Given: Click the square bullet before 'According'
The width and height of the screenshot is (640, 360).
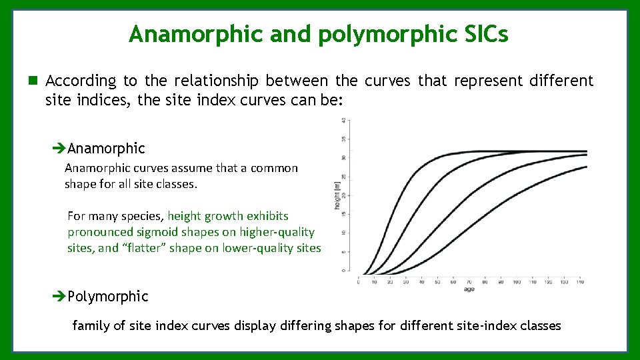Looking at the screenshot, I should (x=33, y=81).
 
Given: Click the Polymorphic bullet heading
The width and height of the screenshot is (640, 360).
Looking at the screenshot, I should (x=107, y=296).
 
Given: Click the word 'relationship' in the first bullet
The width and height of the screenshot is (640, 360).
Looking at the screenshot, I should (x=217, y=81).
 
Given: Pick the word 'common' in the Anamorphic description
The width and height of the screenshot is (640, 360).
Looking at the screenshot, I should (x=274, y=168).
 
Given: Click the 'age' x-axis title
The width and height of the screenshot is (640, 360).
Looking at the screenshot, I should (x=470, y=290).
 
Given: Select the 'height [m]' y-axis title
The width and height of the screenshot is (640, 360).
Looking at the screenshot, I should (x=337, y=195).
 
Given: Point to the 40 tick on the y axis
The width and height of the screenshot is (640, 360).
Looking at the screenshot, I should (x=343, y=121).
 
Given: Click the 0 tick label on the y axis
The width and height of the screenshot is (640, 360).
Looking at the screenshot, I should (x=343, y=271).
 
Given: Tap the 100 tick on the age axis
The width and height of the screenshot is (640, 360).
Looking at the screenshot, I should (x=517, y=282).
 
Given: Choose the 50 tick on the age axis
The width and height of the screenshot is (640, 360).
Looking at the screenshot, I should (x=437, y=282).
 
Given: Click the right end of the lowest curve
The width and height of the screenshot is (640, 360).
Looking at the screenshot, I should (x=586, y=167).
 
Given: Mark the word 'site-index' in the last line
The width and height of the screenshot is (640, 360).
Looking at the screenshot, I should (x=475, y=326).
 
